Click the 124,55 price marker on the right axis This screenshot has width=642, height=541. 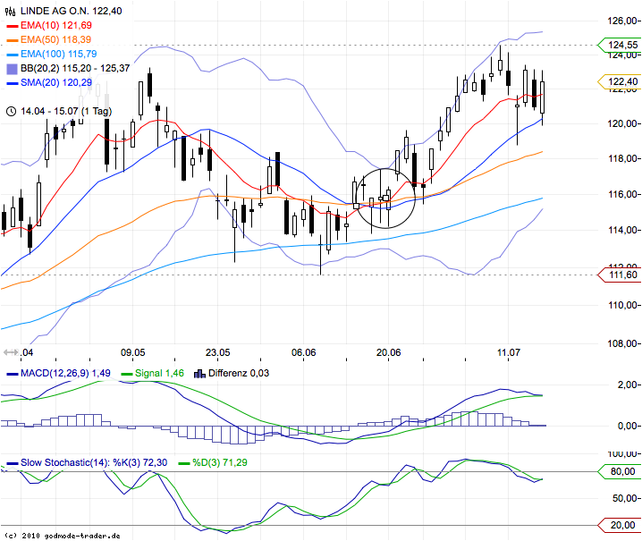point(623,45)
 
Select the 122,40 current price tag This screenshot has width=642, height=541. point(623,81)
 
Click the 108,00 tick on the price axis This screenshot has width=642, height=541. point(621,343)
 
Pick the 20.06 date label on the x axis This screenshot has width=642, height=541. point(388,352)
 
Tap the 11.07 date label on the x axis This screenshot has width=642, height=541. point(509,352)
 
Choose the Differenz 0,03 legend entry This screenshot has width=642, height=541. point(238,373)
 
